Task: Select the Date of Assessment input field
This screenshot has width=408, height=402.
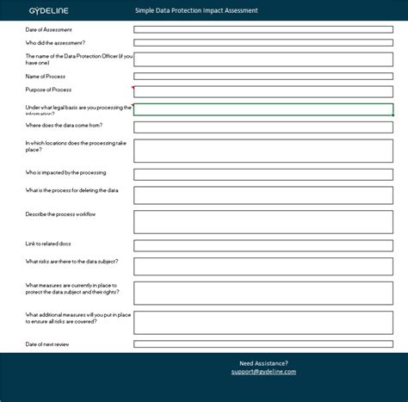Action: (x=263, y=29)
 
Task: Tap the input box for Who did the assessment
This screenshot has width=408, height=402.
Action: (x=263, y=41)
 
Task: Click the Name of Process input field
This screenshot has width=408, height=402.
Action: (x=263, y=76)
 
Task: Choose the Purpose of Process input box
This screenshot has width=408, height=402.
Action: (x=263, y=91)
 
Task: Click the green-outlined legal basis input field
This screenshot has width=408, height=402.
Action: (x=263, y=109)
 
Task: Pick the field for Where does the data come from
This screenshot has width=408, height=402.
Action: (x=263, y=127)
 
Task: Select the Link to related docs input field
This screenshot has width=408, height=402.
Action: (x=263, y=244)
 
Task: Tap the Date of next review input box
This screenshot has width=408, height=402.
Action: (x=263, y=343)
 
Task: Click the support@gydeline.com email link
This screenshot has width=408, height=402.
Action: (x=263, y=372)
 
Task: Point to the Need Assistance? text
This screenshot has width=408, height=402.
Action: (x=263, y=362)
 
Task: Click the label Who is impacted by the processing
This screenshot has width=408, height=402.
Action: (x=66, y=172)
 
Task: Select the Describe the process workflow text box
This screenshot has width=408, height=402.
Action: (x=263, y=221)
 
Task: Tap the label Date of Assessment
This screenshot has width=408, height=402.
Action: (x=49, y=29)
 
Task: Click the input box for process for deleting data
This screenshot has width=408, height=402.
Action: (x=263, y=195)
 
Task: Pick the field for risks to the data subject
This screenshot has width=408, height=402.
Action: (x=263, y=267)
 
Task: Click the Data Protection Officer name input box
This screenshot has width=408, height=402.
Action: (x=263, y=59)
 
